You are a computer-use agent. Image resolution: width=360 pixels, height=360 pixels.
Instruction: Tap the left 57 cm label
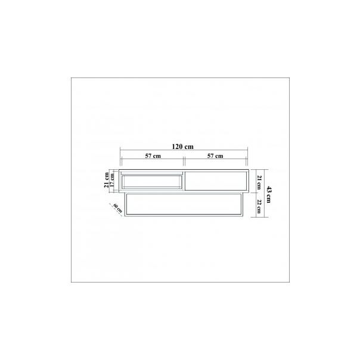(x=153, y=156)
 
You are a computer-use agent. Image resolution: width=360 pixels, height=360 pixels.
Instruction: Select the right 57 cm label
(x=215, y=156)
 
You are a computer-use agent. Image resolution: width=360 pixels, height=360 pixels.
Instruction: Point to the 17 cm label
(x=112, y=180)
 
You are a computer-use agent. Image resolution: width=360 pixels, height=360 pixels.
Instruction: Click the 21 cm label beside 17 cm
(x=106, y=180)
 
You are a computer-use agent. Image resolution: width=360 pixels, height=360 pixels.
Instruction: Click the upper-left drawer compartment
(x=152, y=181)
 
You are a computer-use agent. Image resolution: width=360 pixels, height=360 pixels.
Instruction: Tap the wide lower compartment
(x=184, y=204)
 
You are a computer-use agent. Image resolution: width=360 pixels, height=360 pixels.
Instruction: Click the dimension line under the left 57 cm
(x=153, y=161)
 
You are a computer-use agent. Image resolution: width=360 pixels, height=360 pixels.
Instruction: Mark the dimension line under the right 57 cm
(x=215, y=161)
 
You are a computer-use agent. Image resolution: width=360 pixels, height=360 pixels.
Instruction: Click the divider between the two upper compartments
(x=184, y=181)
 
